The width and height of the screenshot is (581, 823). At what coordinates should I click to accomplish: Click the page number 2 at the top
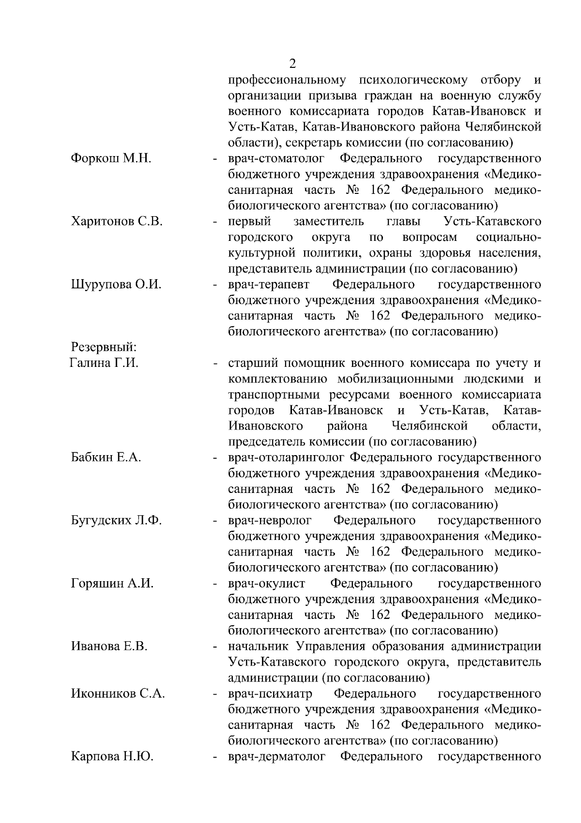[291, 64]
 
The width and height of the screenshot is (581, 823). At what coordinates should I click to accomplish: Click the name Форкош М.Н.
[111, 158]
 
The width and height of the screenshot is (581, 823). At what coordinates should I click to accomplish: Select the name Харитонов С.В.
[117, 222]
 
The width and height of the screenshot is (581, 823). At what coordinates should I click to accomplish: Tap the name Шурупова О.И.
[116, 285]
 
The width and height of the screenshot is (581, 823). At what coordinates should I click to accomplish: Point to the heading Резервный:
[104, 348]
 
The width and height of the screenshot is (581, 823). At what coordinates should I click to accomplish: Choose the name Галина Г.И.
[104, 363]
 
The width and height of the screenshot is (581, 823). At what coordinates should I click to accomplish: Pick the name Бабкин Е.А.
[106, 458]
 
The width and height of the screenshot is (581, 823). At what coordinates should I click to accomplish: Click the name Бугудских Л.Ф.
[116, 521]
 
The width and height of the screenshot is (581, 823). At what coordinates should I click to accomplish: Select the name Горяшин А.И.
[112, 584]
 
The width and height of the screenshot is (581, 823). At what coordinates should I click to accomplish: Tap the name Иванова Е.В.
[109, 647]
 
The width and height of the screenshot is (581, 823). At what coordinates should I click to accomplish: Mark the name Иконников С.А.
[118, 694]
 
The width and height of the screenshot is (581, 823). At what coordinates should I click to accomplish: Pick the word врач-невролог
[270, 521]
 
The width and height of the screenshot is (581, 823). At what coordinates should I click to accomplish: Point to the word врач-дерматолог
[276, 757]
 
